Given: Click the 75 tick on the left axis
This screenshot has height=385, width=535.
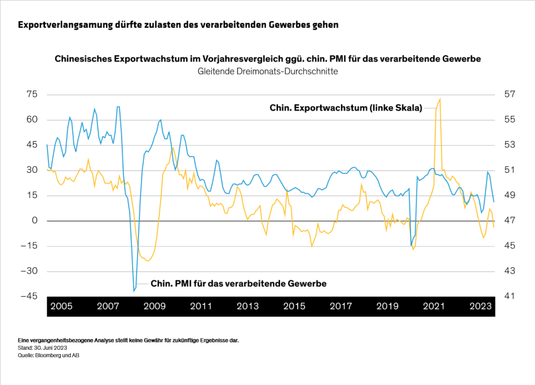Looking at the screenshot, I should click(32, 94).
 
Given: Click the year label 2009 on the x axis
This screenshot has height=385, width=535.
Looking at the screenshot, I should click(154, 306).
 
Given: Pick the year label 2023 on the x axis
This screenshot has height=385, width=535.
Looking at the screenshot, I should click(480, 306).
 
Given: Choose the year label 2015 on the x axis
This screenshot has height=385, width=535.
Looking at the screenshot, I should click(294, 306).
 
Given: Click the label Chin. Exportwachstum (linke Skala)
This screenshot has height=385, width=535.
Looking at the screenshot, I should click(345, 108).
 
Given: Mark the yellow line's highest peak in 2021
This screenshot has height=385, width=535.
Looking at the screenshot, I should click(440, 99).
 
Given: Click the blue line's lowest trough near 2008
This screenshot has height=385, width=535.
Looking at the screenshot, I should click(134, 291).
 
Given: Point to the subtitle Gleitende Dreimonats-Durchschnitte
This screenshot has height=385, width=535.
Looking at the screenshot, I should click(267, 72).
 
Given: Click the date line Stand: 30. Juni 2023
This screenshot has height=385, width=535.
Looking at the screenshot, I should click(43, 347).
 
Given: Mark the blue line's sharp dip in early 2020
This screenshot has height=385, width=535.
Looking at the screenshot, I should click(411, 246).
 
